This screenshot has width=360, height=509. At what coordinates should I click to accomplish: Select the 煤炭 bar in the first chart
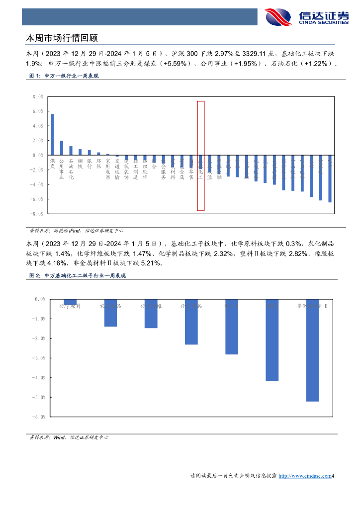(x=52, y=134)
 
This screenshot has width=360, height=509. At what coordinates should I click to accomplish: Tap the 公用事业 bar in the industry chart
(x=62, y=148)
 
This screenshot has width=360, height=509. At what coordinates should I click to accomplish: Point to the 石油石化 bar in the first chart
(x=71, y=151)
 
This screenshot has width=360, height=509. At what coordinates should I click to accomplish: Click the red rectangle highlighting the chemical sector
(x=200, y=156)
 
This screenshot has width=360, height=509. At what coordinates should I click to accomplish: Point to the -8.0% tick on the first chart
(x=38, y=214)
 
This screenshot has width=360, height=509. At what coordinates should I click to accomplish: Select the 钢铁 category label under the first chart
(x=80, y=164)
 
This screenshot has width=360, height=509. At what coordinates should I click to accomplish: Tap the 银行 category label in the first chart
(x=90, y=164)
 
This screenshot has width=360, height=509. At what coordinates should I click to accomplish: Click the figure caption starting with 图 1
(x=64, y=76)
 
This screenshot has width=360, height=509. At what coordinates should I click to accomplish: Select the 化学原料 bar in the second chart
(x=70, y=302)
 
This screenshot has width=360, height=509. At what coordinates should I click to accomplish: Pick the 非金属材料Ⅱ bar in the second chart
(x=312, y=350)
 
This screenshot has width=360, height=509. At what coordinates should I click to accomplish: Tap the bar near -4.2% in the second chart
(x=272, y=340)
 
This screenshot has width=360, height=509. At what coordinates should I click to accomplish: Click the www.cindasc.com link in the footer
(x=304, y=476)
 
